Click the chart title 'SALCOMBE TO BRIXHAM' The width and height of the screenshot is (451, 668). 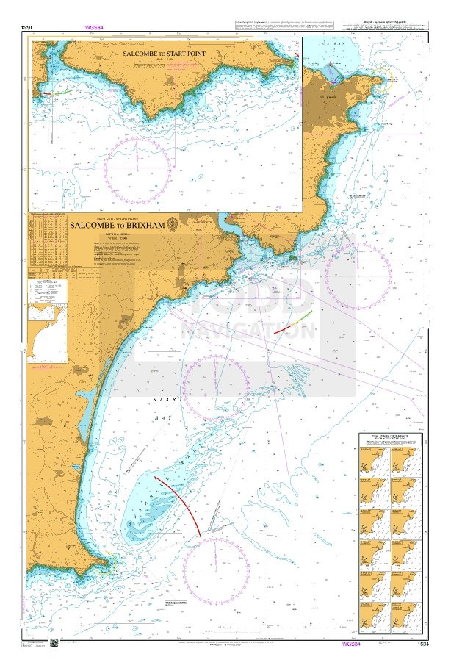pos(117,227)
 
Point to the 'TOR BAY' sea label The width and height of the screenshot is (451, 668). pos(335,46)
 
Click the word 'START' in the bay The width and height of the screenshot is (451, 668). pos(163,399)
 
